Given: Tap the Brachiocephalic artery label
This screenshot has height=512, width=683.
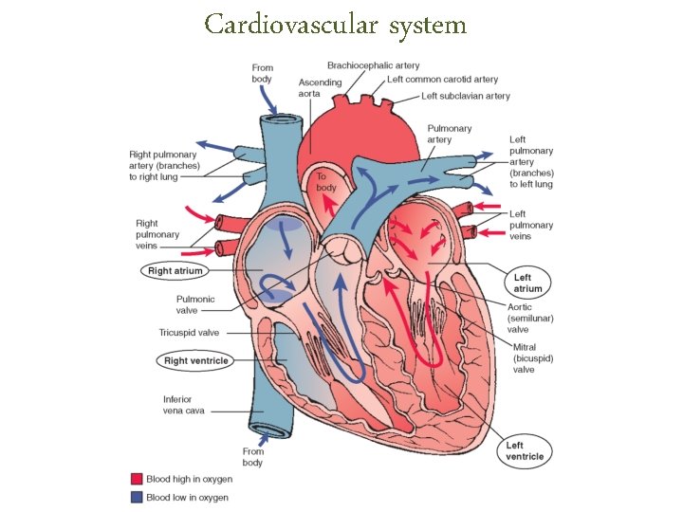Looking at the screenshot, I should pyautogui.click(x=373, y=65).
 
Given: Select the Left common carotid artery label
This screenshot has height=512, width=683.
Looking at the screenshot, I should pyautogui.click(x=442, y=80).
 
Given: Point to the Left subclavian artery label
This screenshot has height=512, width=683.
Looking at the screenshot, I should pyautogui.click(x=466, y=96).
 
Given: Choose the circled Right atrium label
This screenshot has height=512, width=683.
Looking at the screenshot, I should pyautogui.click(x=175, y=271).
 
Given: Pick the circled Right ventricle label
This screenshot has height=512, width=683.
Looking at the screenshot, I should pyautogui.click(x=195, y=361).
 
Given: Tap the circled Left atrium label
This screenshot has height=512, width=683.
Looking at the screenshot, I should pyautogui.click(x=527, y=283).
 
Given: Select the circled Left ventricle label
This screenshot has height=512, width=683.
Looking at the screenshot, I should pyautogui.click(x=525, y=450).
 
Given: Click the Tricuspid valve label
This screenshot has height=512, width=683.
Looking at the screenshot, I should pyautogui.click(x=189, y=333).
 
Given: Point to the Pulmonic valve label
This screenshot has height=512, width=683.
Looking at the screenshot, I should pyautogui.click(x=195, y=304).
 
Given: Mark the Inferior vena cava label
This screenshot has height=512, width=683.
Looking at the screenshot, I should pyautogui.click(x=183, y=405).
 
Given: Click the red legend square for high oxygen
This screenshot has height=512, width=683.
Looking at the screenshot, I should pyautogui.click(x=136, y=480).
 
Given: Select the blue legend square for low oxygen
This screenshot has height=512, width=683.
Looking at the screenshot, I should pyautogui.click(x=136, y=497).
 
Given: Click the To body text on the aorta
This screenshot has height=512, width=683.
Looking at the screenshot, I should pyautogui.click(x=325, y=182).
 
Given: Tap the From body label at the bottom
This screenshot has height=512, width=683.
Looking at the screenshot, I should pyautogui.click(x=252, y=457).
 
